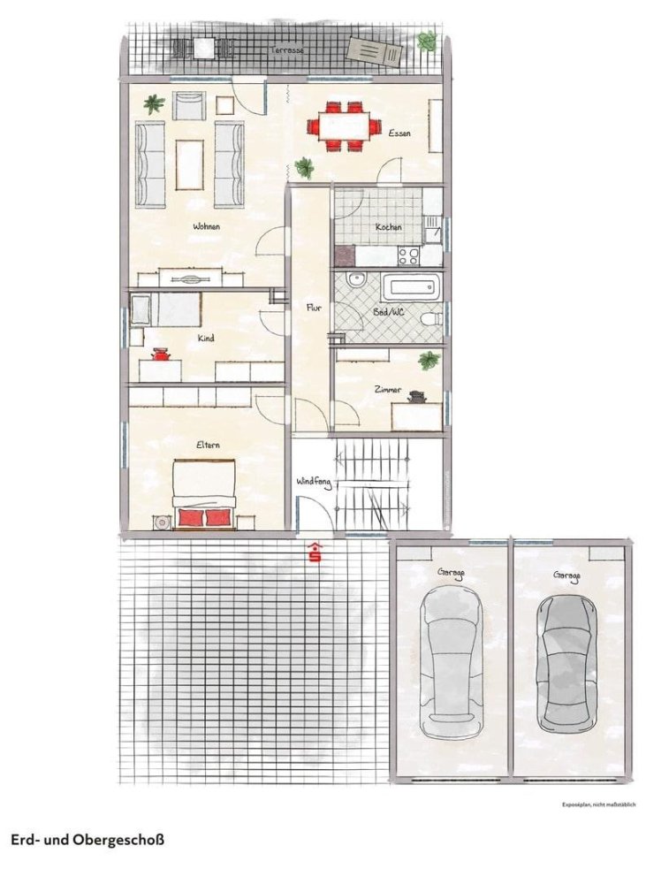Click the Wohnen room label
pos(206,227)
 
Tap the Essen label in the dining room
pos(399,133)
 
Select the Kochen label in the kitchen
pos(388,227)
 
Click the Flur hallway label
pos(313,309)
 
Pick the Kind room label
pos(206,338)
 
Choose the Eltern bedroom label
pos(208,446)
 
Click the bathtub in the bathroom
pos(411,286)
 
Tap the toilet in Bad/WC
pos(430,319)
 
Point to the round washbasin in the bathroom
pos(356,280)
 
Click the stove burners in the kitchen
pos(408,255)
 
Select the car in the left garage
pos(451,663)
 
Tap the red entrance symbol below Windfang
pos(315,553)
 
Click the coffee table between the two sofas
pos(189,164)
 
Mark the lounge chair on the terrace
pos(376,52)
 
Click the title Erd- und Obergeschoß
pos(87,839)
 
